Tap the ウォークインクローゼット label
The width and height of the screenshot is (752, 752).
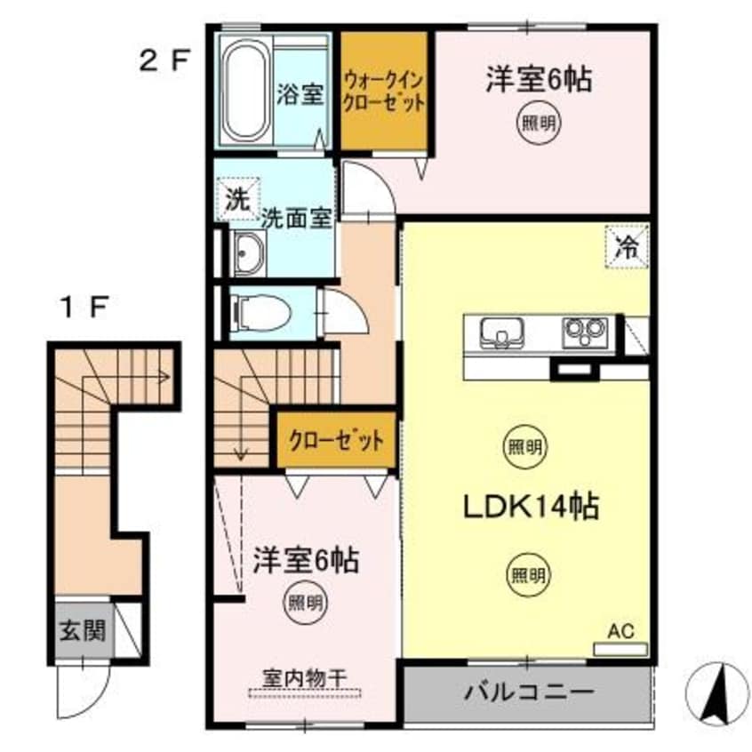[385, 91]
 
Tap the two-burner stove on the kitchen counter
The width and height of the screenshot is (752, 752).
[583, 333]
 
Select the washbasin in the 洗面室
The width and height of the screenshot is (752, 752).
[248, 254]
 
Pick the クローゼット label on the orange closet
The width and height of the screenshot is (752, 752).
[334, 439]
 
